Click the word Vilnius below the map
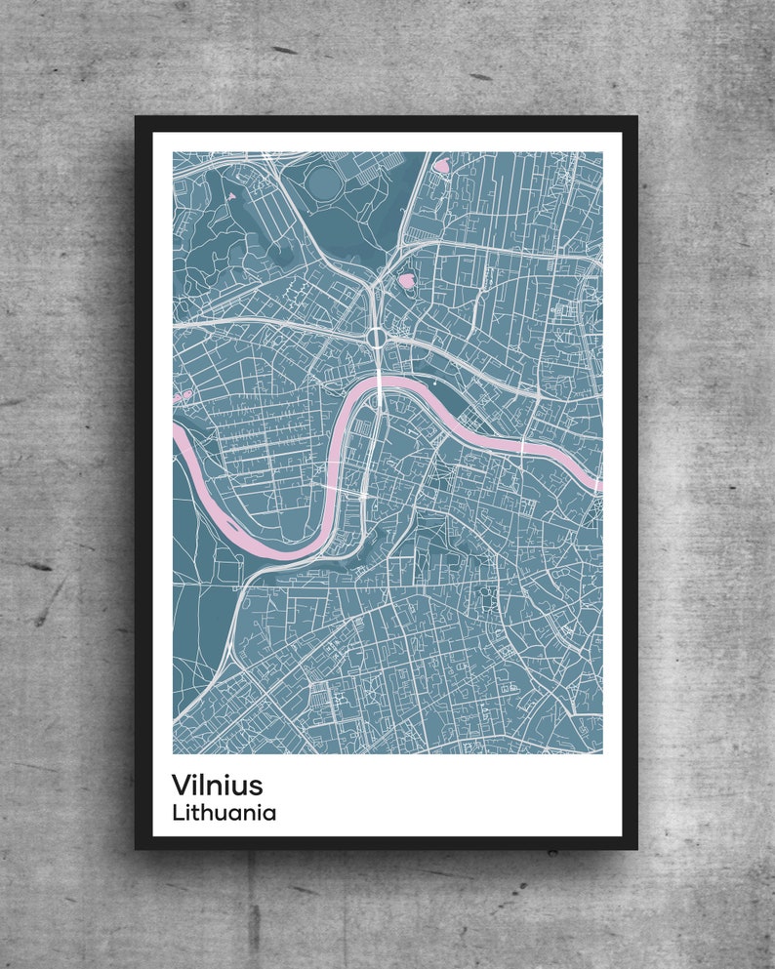tap(217, 785)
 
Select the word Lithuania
tap(224, 812)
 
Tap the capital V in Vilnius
tap(182, 785)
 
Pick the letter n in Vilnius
tap(217, 786)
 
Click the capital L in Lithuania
tap(177, 812)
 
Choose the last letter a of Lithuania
tap(270, 813)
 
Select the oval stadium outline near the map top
tap(321, 180)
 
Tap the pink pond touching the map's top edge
tap(441, 165)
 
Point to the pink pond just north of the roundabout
tap(405, 281)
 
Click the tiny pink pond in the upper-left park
tap(231, 196)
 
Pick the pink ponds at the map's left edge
tap(182, 396)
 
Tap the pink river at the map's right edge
tap(593, 482)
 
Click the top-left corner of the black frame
tap(137, 117)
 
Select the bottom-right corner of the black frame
tap(636, 848)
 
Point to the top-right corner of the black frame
tap(636, 117)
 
